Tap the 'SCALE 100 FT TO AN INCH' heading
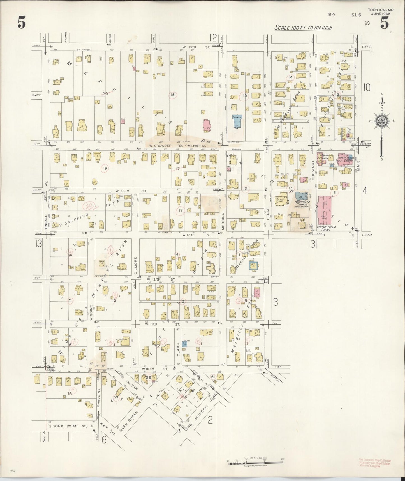pyautogui.click(x=303, y=28)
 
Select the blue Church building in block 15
pyautogui.click(x=237, y=121)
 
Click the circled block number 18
pyautogui.click(x=173, y=95)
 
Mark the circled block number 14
pyautogui.click(x=290, y=77)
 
